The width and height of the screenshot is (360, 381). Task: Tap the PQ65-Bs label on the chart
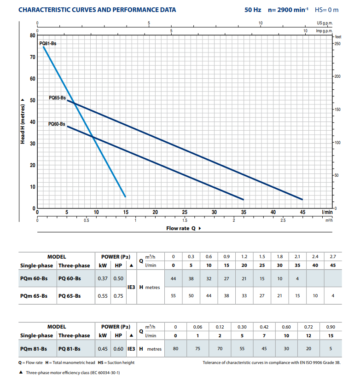tap(58, 98)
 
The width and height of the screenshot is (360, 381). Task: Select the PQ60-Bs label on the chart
tap(57, 124)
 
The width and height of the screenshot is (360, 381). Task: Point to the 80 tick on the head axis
tap(32, 35)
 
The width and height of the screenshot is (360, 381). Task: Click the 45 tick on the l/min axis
tap(302, 213)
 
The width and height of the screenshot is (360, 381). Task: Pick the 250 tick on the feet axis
tap(337, 44)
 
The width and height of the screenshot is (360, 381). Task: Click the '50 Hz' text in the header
tap(253, 9)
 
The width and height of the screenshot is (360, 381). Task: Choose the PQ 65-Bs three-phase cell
tap(70, 296)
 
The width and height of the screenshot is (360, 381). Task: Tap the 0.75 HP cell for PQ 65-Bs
tap(118, 296)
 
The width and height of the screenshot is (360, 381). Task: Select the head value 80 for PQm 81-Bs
tap(175, 349)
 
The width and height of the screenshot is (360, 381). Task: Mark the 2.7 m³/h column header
tap(333, 256)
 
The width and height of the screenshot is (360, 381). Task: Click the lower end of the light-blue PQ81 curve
tap(125, 197)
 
